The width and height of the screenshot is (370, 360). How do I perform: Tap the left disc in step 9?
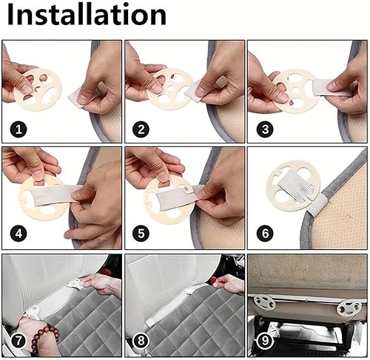(x=264, y=301)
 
